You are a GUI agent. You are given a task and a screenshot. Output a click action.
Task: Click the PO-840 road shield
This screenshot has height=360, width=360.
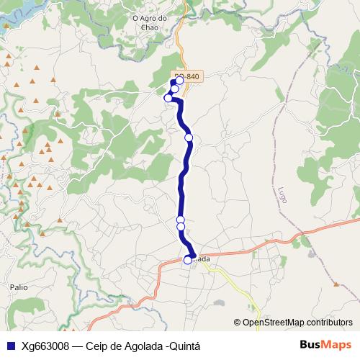[x=186, y=76]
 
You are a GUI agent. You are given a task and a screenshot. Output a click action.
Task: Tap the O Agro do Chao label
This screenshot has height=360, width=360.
[x=150, y=23]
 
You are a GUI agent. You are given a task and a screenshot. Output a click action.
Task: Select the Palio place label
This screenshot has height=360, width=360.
[x=19, y=287]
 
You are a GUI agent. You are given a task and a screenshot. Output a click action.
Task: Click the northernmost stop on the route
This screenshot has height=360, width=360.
[x=174, y=83]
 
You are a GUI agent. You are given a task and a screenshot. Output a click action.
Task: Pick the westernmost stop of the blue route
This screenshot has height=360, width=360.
[x=168, y=98]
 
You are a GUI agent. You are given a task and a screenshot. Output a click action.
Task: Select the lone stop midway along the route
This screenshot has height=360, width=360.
[x=189, y=137]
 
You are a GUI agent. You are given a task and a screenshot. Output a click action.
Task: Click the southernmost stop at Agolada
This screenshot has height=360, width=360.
[x=188, y=260]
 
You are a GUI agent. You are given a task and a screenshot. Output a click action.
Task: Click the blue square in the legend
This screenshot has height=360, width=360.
[x=11, y=345]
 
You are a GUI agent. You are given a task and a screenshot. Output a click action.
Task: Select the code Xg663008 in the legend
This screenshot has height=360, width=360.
[x=45, y=345]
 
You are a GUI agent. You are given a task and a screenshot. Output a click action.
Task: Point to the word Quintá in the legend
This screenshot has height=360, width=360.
[x=182, y=345]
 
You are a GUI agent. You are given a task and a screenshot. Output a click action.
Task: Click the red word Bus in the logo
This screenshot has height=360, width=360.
[x=310, y=344]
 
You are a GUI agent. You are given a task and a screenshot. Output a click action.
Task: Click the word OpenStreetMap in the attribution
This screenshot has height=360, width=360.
[x=273, y=323]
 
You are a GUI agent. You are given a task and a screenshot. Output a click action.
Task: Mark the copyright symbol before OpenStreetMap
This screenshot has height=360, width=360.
[x=238, y=323]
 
